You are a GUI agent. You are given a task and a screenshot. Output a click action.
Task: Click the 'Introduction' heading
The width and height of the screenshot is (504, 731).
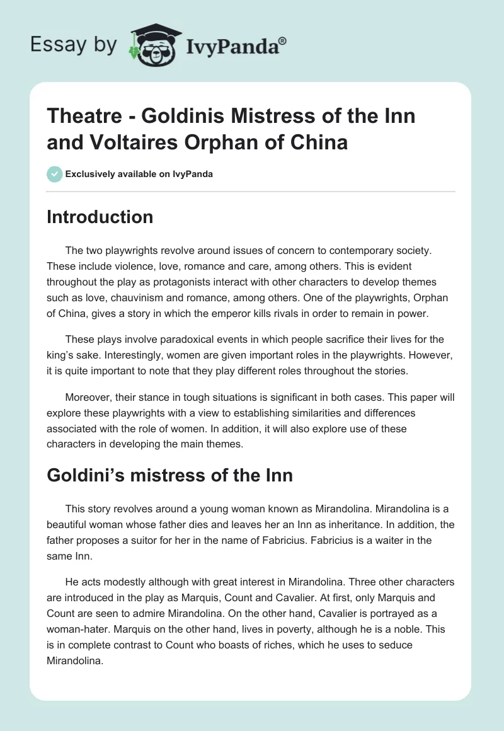(100, 217)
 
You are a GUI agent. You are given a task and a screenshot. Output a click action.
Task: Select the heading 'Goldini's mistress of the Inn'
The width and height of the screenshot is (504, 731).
(169, 475)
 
